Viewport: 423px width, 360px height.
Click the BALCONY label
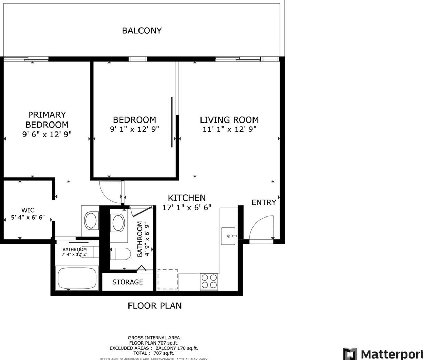click(142, 31)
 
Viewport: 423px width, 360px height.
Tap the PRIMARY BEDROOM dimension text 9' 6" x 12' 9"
click(47, 134)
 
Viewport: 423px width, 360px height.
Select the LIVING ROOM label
click(229, 120)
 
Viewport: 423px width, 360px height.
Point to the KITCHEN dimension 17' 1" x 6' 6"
click(187, 207)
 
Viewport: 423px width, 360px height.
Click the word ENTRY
click(264, 202)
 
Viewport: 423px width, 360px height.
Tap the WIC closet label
click(28, 210)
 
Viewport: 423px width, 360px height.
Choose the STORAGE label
click(127, 282)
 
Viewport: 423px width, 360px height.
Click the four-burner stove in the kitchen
click(209, 281)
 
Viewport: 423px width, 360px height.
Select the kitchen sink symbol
click(228, 236)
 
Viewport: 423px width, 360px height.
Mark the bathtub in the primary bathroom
click(77, 278)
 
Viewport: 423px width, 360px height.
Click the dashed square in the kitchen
click(168, 279)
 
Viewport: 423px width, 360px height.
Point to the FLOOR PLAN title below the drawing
click(154, 306)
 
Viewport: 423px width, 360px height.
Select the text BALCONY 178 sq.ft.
click(177, 348)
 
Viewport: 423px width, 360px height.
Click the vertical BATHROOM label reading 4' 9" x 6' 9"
click(144, 239)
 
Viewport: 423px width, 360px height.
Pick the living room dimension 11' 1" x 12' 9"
click(229, 129)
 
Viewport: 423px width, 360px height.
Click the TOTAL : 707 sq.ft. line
click(154, 353)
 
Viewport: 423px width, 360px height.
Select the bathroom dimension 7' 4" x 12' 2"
click(75, 254)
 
